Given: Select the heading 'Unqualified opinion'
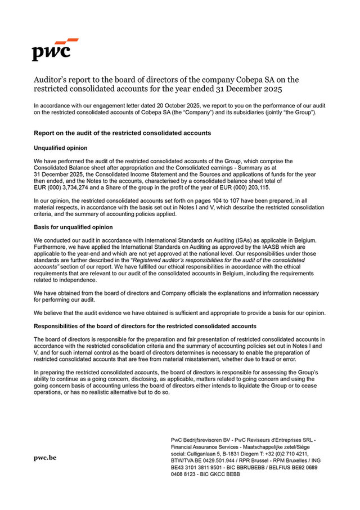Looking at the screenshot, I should (61, 147).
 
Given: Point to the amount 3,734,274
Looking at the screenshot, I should (79, 187).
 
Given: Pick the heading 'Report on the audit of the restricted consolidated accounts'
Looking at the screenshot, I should (122, 133).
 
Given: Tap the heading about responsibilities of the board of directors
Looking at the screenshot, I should (145, 326).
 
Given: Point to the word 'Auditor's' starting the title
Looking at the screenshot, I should (52, 79).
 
